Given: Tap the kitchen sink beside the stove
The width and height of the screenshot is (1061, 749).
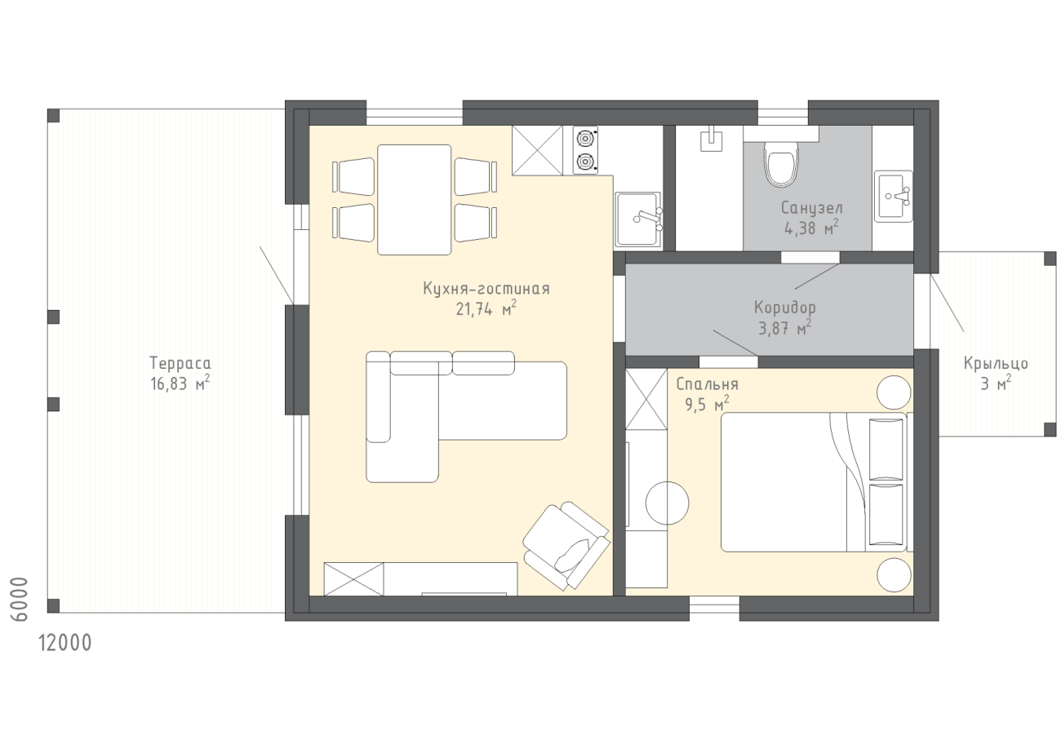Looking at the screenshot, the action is (x=638, y=219).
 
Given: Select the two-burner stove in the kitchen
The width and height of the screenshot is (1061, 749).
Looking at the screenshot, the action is (x=585, y=151).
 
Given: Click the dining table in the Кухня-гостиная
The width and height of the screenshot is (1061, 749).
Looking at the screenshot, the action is (x=414, y=200).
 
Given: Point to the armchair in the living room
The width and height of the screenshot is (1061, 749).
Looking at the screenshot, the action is (x=566, y=545).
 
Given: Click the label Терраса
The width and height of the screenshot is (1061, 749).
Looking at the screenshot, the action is (x=180, y=364).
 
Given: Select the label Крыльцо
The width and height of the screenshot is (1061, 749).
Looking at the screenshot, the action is (x=996, y=364).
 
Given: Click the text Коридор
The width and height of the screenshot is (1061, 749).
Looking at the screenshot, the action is (x=785, y=308).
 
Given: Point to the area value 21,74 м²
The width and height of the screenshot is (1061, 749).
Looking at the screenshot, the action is (x=486, y=309).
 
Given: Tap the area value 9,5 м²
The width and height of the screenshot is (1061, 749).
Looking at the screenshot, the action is (x=707, y=405).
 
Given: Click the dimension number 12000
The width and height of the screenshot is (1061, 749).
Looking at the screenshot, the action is (x=65, y=644).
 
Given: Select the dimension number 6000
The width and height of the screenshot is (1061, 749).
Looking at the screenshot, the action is (x=20, y=598).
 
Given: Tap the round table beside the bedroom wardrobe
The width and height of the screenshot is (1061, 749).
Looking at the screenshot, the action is (x=667, y=503).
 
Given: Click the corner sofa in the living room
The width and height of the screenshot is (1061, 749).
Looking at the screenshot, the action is (x=466, y=417).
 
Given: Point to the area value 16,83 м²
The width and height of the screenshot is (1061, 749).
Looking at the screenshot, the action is (x=180, y=383).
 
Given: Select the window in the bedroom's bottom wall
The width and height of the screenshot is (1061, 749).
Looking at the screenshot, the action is (x=714, y=608).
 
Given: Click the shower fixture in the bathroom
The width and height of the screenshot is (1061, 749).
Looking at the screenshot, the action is (x=712, y=139).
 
